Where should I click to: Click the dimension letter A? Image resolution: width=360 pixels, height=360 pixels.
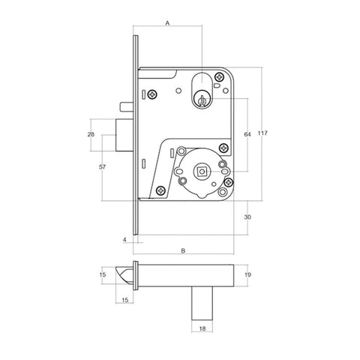[x=167, y=23]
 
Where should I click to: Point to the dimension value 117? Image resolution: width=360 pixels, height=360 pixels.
[x=263, y=133]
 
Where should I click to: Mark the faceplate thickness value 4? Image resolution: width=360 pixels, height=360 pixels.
[x=124, y=241]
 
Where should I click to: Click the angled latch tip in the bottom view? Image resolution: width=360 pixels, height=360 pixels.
[x=124, y=275]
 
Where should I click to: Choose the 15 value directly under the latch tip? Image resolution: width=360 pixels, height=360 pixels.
[x=124, y=300]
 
